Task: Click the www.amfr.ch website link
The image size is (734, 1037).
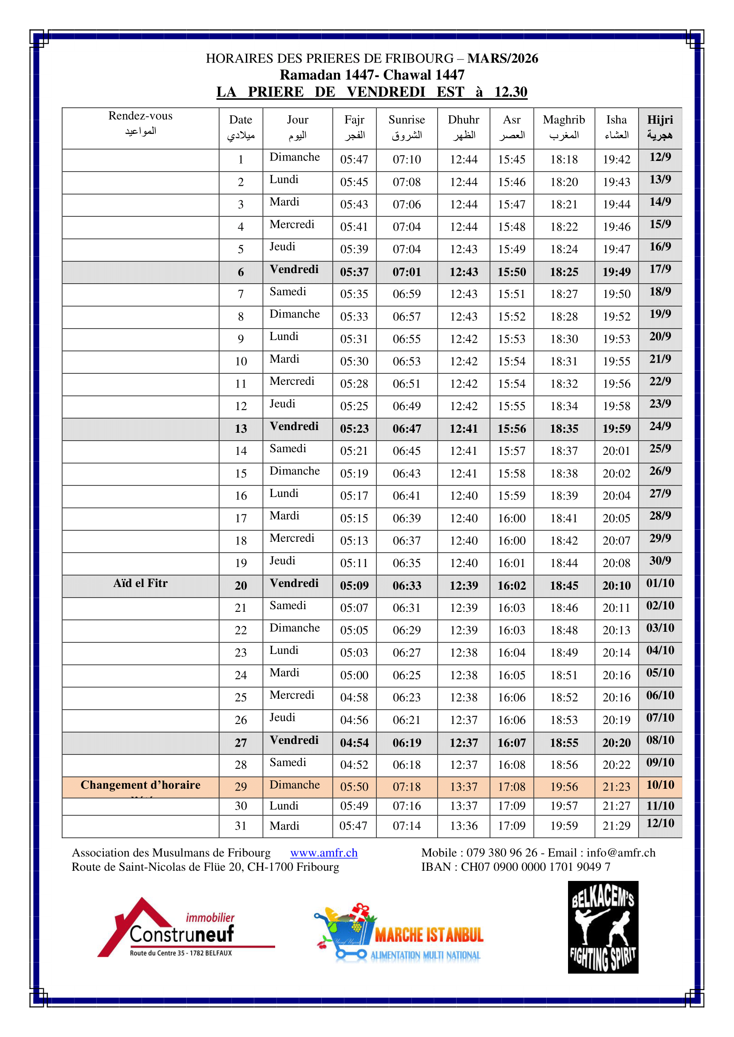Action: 324,852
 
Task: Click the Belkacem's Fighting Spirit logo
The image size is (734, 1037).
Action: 603,927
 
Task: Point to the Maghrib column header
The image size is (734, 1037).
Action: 564,127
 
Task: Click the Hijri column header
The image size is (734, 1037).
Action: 660,127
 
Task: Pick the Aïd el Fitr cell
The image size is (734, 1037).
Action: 140,583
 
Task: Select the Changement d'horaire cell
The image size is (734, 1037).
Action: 140,785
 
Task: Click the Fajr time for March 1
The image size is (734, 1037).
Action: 354,160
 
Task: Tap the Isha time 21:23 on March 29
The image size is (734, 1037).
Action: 616,787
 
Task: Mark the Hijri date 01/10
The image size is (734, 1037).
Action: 660,583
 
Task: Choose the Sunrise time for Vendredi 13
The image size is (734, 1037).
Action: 406,429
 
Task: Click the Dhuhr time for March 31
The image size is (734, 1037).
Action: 463,826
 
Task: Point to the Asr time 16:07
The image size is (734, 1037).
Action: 512,743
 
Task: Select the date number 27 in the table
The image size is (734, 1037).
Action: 241,743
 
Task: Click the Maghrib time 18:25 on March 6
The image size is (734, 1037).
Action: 564,272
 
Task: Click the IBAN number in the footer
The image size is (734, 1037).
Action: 535,867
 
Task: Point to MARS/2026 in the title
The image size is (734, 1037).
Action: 503,58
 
